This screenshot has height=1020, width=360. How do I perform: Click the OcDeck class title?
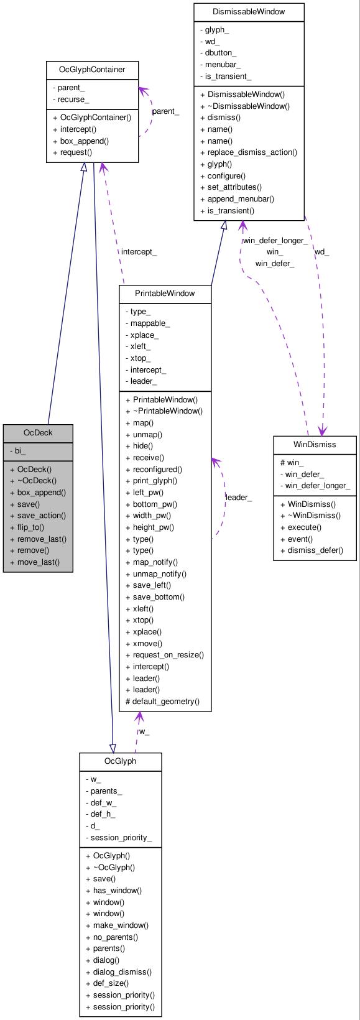point(38,432)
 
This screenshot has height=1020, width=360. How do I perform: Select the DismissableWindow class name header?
point(249,11)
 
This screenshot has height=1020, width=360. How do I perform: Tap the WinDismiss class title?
point(315,444)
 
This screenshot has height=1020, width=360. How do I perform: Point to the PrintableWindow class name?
point(165,293)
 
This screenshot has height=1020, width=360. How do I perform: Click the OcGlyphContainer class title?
point(92,69)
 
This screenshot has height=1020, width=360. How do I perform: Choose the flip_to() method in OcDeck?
point(30,527)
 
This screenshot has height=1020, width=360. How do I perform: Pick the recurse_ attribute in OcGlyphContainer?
point(73,100)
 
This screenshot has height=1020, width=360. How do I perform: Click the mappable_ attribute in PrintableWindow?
point(150,323)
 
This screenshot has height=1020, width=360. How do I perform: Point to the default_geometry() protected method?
point(162,701)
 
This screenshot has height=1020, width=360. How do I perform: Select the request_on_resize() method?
point(168,654)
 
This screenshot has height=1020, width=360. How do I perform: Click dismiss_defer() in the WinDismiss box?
point(315,550)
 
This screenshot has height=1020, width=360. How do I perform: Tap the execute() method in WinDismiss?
point(304,527)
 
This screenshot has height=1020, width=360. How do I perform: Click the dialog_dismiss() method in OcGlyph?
point(122,971)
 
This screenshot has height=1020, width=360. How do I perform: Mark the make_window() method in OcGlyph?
point(120,925)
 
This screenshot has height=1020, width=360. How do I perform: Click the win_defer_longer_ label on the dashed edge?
point(274,241)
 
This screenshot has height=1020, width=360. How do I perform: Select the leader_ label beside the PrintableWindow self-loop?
point(238,498)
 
